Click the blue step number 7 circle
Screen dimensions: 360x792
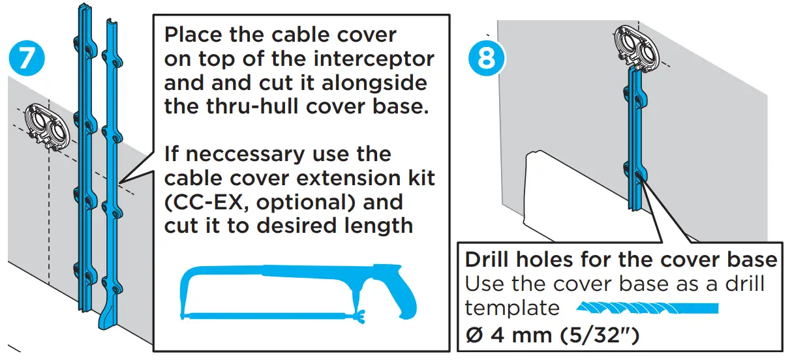coord(27,57)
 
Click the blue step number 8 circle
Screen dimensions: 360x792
coord(486,57)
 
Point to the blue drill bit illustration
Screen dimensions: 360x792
coord(647,308)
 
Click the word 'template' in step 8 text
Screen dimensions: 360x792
coord(512,308)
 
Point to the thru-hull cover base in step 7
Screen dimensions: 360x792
coord(48,125)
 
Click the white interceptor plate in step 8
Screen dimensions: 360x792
coord(555,186)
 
